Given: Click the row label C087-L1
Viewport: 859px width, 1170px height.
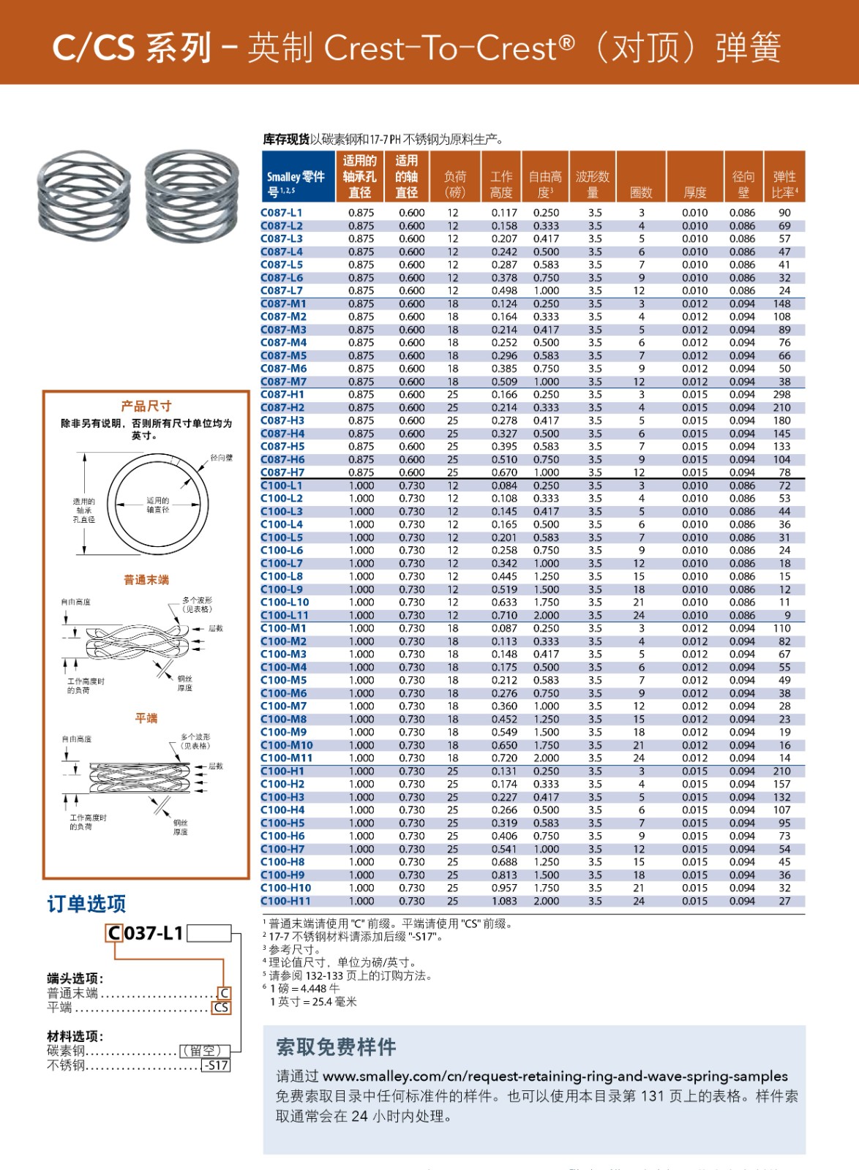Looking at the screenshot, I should pyautogui.click(x=282, y=213).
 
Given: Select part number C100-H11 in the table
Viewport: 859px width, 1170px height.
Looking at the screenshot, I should pyautogui.click(x=285, y=901).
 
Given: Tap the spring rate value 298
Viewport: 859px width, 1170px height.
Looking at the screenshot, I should pyautogui.click(x=781, y=394).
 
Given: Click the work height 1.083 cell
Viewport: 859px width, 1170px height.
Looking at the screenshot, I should pyautogui.click(x=504, y=901).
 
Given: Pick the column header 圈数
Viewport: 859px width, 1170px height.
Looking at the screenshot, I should pyautogui.click(x=641, y=192).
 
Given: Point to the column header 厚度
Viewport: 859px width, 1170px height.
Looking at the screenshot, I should pyautogui.click(x=694, y=192).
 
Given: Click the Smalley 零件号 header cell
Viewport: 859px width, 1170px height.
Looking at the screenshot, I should pyautogui.click(x=296, y=184).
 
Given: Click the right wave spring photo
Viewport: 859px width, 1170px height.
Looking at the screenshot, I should pyautogui.click(x=192, y=195).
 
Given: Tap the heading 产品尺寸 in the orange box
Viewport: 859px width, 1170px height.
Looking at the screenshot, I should pyautogui.click(x=146, y=406).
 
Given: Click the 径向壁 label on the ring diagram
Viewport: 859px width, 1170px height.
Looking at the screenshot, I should pyautogui.click(x=221, y=458).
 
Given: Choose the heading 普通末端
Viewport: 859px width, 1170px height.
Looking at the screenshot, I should pyautogui.click(x=146, y=580).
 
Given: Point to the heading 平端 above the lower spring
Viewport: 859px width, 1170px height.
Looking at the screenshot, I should pyautogui.click(x=146, y=718).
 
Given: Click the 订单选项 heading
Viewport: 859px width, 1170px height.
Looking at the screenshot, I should pyautogui.click(x=86, y=905).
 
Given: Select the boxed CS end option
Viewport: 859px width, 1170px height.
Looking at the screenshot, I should pyautogui.click(x=221, y=1008).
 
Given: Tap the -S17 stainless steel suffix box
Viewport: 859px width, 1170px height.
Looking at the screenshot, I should pyautogui.click(x=216, y=1065).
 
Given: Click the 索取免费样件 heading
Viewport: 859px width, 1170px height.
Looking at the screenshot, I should pyautogui.click(x=336, y=1047).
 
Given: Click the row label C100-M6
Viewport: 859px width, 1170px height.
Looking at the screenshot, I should pyautogui.click(x=284, y=693).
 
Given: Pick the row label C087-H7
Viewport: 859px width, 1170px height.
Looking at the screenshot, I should pyautogui.click(x=282, y=472).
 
